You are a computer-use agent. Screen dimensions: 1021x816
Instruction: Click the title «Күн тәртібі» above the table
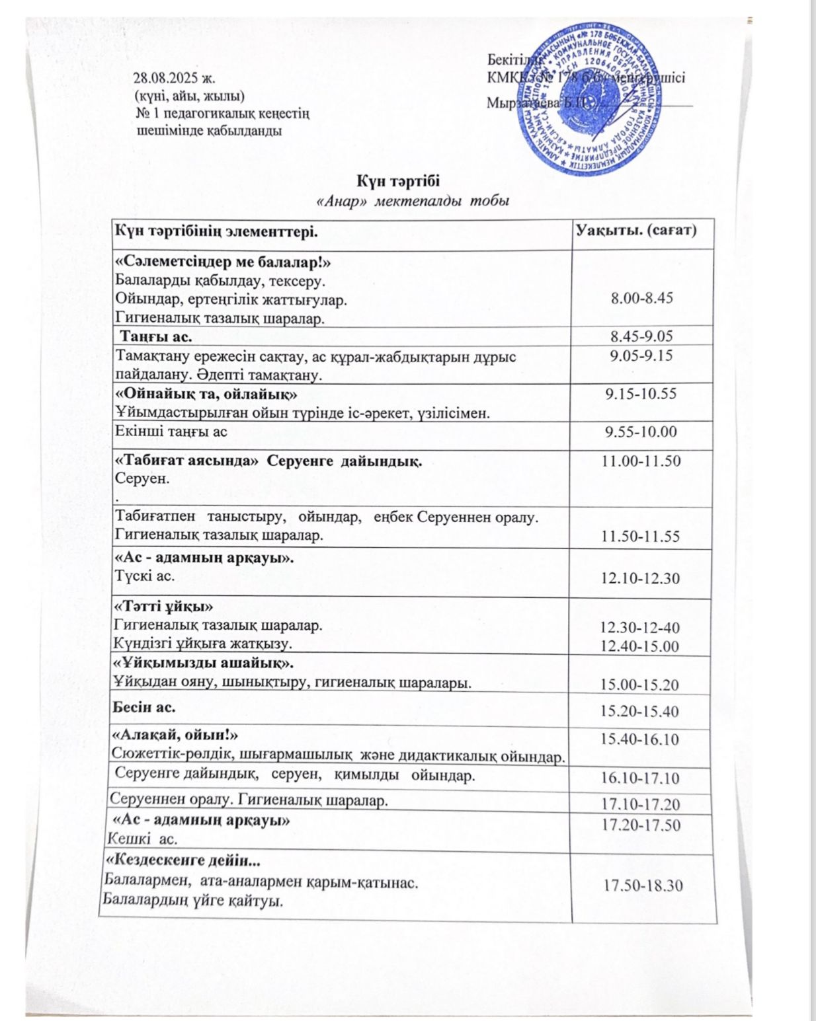[399, 180]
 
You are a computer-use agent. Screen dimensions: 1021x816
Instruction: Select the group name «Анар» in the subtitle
[342, 201]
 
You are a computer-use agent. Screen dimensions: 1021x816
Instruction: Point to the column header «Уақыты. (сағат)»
[635, 231]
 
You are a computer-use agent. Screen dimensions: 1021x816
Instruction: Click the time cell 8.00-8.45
[641, 297]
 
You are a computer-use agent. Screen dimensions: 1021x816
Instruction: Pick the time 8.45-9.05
[641, 336]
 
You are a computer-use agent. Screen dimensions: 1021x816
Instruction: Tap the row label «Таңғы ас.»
[155, 336]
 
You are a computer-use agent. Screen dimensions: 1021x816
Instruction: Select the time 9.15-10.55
[641, 394]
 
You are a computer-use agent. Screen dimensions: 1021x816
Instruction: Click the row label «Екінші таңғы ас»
[171, 432]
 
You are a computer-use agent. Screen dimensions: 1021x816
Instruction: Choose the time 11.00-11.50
[640, 461]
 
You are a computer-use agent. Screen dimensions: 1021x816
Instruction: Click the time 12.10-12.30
[640, 578]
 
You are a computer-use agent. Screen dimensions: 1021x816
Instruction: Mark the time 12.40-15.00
[639, 646]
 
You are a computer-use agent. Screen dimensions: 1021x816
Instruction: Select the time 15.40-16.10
[639, 739]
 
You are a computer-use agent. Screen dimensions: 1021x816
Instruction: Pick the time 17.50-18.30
[643, 885]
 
